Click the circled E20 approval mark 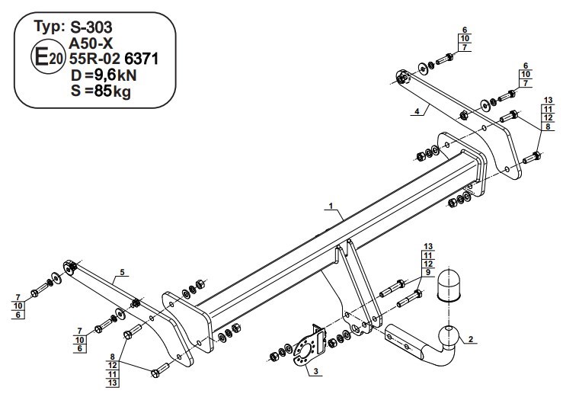[48, 56]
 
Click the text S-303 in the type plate [91, 27]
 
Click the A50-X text [91, 43]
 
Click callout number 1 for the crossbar [331, 206]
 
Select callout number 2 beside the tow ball [471, 339]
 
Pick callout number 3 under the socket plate [315, 372]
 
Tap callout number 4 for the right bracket [417, 111]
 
